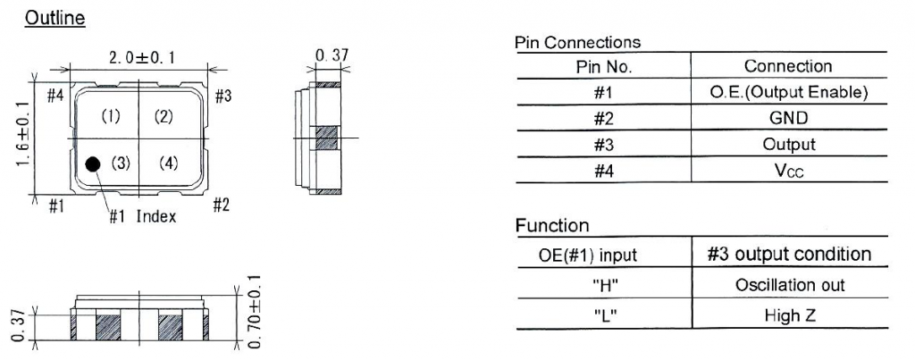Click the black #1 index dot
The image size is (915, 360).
pos(92,164)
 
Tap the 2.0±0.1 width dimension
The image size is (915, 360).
pos(142,58)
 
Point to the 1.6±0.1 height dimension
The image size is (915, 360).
pos(22,134)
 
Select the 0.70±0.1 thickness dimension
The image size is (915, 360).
pos(255,312)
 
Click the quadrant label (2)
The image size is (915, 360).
pos(164,117)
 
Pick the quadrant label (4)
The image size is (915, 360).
pos(168,164)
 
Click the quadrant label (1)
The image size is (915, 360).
pos(111,117)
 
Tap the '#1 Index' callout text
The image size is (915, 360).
pos(143,217)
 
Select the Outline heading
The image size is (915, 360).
pos(55,18)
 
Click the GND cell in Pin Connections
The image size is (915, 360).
pos(789,118)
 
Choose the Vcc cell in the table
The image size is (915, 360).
pos(789,172)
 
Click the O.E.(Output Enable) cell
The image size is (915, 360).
pos(789,92)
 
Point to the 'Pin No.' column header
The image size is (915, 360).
pos(604,66)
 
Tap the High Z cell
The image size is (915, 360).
pos(790,315)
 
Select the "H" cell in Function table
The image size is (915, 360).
pos(605,286)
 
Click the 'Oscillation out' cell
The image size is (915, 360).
pos(790,285)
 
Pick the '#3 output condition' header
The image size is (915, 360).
pos(790,255)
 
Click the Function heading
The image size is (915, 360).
pos(552,225)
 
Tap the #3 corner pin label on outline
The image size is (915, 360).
pos(222,96)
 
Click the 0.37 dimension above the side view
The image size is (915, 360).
pos(332,55)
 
